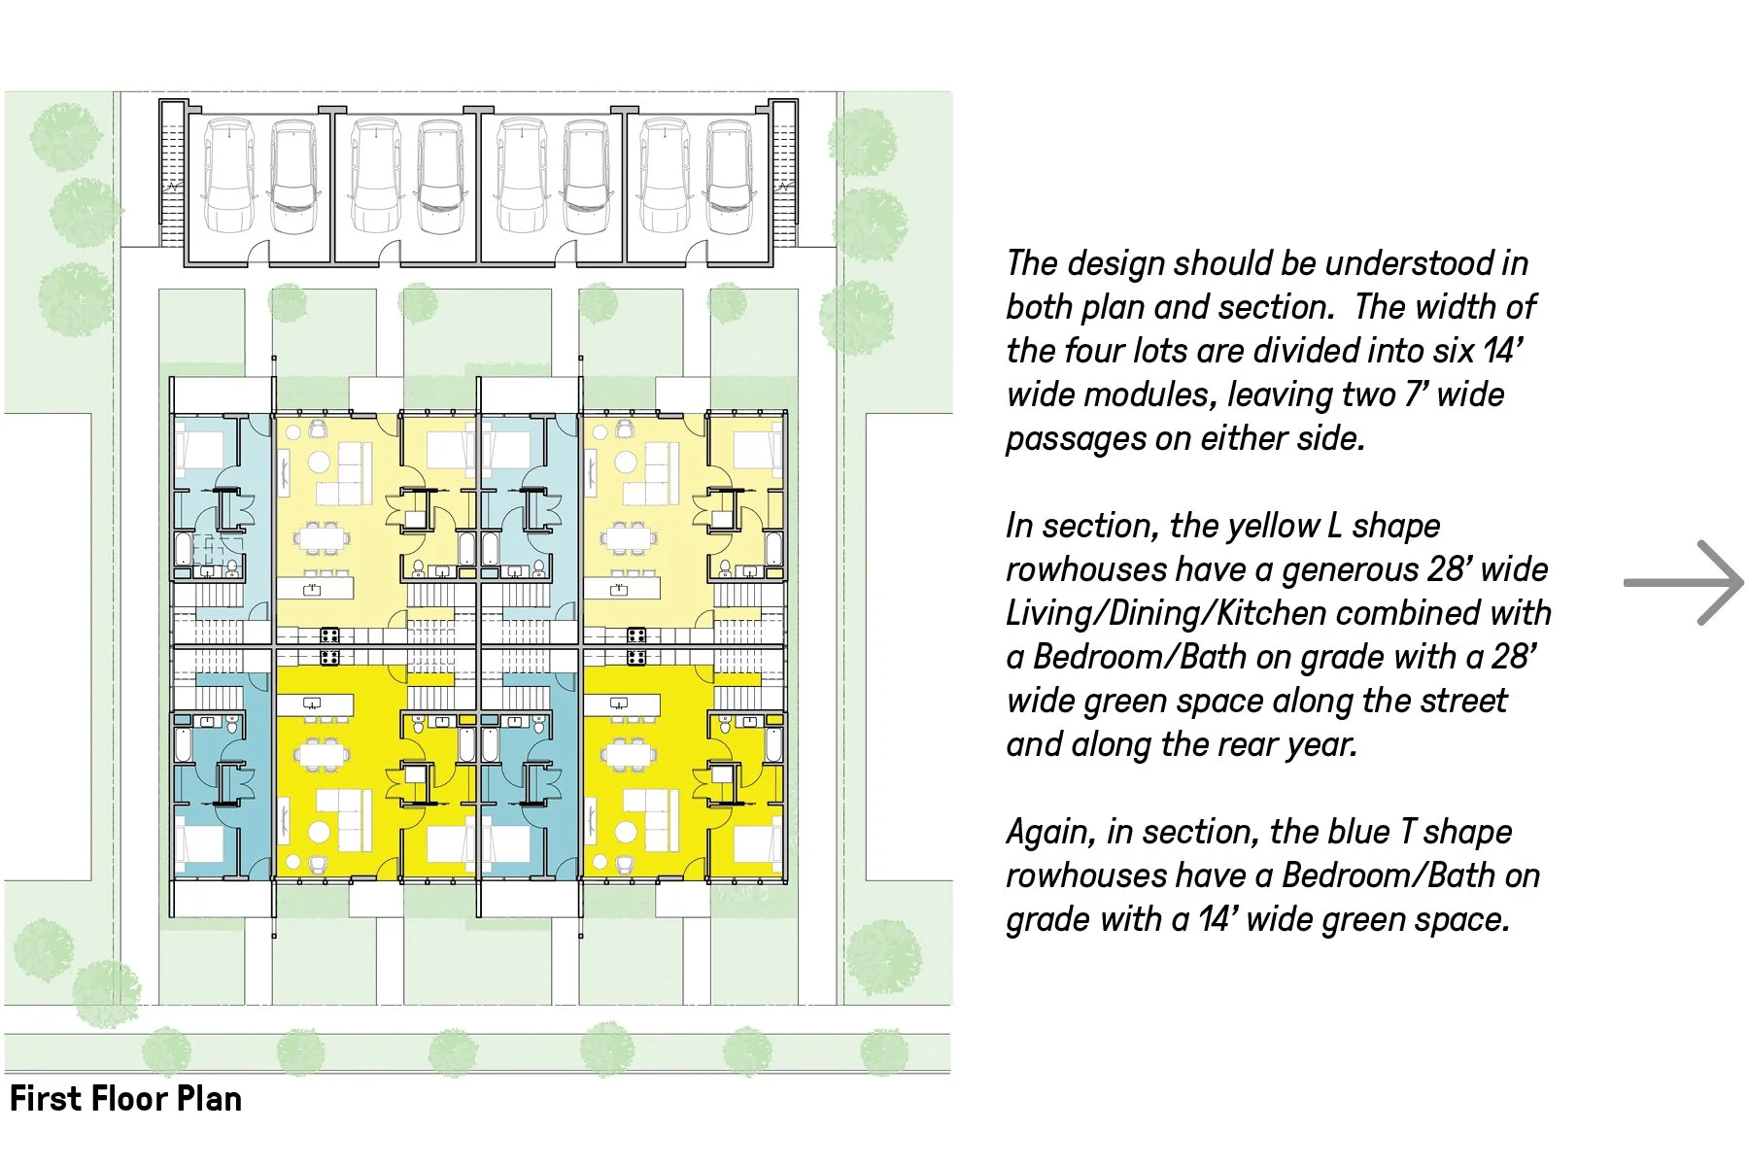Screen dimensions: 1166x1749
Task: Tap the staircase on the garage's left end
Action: click(x=172, y=185)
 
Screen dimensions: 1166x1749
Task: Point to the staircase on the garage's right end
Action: click(x=785, y=185)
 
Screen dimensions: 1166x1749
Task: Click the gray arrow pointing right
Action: click(x=1685, y=582)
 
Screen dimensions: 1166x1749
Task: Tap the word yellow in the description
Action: click(x=1272, y=526)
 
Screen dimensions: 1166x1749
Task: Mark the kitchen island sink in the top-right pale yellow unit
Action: click(x=619, y=589)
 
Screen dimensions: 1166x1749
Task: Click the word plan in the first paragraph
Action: click(x=1115, y=307)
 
